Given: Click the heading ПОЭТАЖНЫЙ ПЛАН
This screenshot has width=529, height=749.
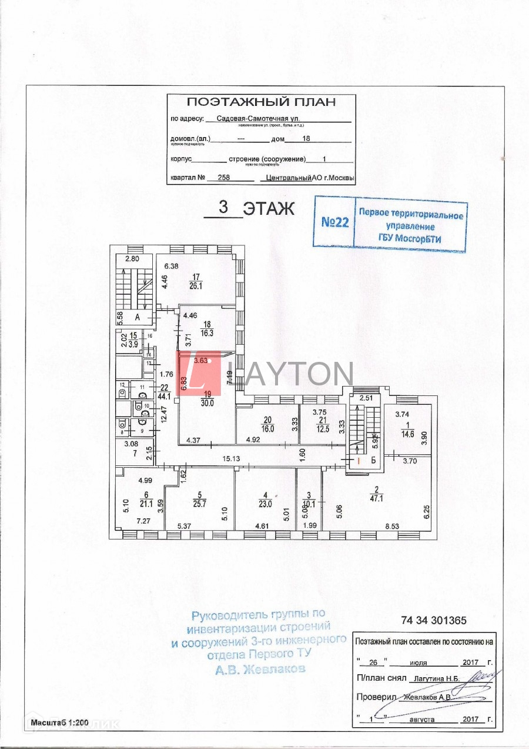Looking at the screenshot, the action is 261,102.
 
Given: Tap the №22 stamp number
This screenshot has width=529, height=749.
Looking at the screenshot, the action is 335,222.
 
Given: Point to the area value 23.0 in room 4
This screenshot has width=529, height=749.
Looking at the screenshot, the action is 266,504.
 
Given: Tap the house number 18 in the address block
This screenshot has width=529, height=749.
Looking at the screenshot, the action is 306,139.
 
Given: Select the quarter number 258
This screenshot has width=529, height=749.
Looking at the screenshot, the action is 224,177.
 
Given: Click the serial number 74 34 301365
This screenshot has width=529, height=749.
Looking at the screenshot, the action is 434,620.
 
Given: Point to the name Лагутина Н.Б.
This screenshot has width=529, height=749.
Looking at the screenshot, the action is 437,678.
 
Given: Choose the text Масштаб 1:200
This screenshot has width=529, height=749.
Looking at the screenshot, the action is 59,723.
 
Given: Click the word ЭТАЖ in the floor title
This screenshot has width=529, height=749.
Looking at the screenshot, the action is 269,209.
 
